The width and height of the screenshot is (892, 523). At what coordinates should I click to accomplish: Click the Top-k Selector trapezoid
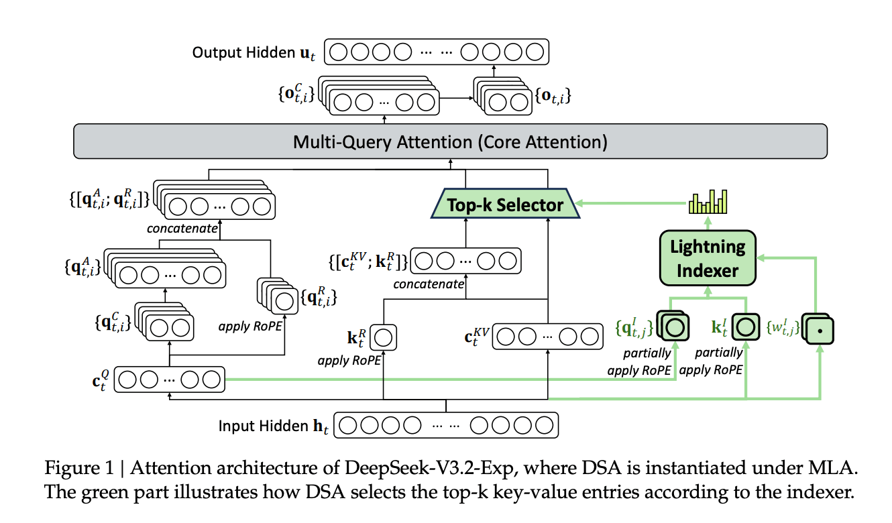[505, 203]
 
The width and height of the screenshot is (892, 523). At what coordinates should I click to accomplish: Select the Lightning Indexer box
[708, 258]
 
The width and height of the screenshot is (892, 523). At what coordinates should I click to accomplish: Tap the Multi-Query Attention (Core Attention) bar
[450, 141]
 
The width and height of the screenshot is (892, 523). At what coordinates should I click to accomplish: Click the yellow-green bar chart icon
[708, 202]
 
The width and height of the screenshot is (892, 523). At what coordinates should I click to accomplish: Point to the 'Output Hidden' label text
[243, 52]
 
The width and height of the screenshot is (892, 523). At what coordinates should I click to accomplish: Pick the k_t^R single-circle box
[383, 337]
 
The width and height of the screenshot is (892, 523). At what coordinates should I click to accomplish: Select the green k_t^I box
[746, 327]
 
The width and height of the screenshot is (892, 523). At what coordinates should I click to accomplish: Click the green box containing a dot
[818, 329]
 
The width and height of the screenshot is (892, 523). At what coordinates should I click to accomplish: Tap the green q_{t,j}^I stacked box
[673, 326]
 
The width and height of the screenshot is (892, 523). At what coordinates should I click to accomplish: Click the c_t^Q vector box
[169, 380]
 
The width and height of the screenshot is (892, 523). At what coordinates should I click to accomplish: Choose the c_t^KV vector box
[547, 337]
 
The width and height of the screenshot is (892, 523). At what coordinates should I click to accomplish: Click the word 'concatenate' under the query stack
[182, 229]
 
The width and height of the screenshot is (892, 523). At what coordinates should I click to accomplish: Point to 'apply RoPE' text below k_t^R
[349, 361]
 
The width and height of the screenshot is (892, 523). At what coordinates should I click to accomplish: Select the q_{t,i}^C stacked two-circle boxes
[164, 322]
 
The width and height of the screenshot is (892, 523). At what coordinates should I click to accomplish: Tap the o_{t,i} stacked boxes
[502, 97]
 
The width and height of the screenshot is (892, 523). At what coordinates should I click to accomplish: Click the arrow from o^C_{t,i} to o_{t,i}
[456, 98]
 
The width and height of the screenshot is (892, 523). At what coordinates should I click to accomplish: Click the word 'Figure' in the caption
[72, 467]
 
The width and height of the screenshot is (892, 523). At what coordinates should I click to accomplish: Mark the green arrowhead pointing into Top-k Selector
[579, 203]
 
